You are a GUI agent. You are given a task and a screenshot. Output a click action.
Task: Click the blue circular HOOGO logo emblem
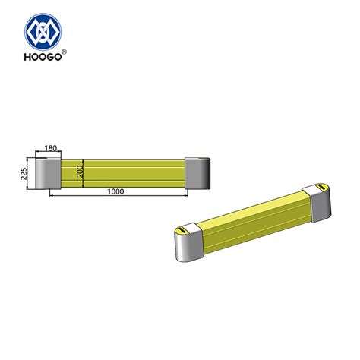click(x=46, y=32)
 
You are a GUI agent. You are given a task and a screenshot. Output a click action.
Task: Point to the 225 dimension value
click(x=25, y=172)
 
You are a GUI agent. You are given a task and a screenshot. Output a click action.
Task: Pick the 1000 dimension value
click(x=115, y=192)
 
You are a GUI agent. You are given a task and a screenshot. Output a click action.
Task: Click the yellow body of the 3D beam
click(x=251, y=220)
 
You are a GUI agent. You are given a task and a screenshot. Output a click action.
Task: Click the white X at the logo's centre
click(x=46, y=32)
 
